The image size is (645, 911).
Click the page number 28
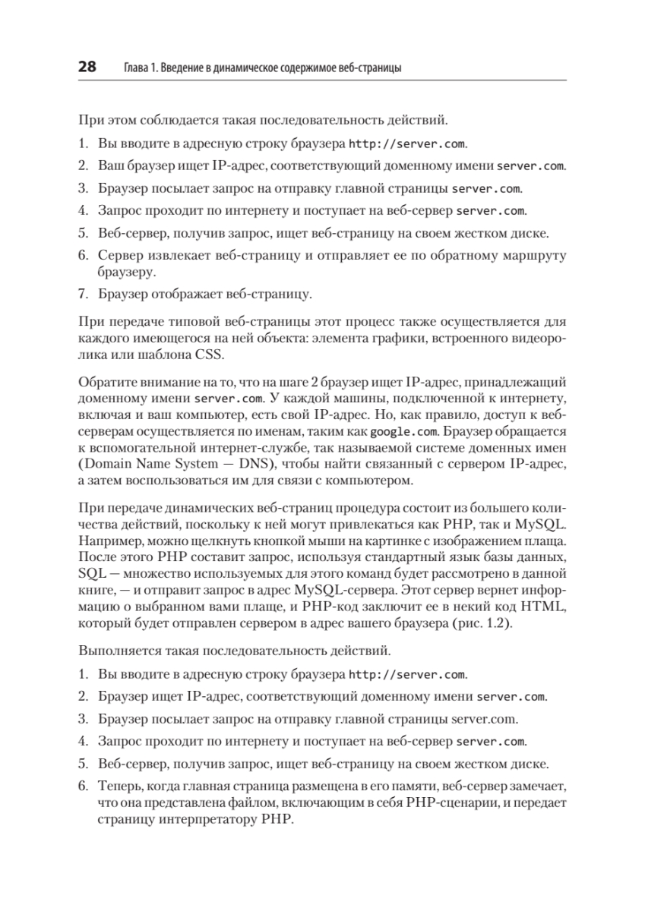[87, 68]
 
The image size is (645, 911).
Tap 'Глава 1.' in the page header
[137, 68]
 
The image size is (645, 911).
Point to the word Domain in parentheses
[106, 465]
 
